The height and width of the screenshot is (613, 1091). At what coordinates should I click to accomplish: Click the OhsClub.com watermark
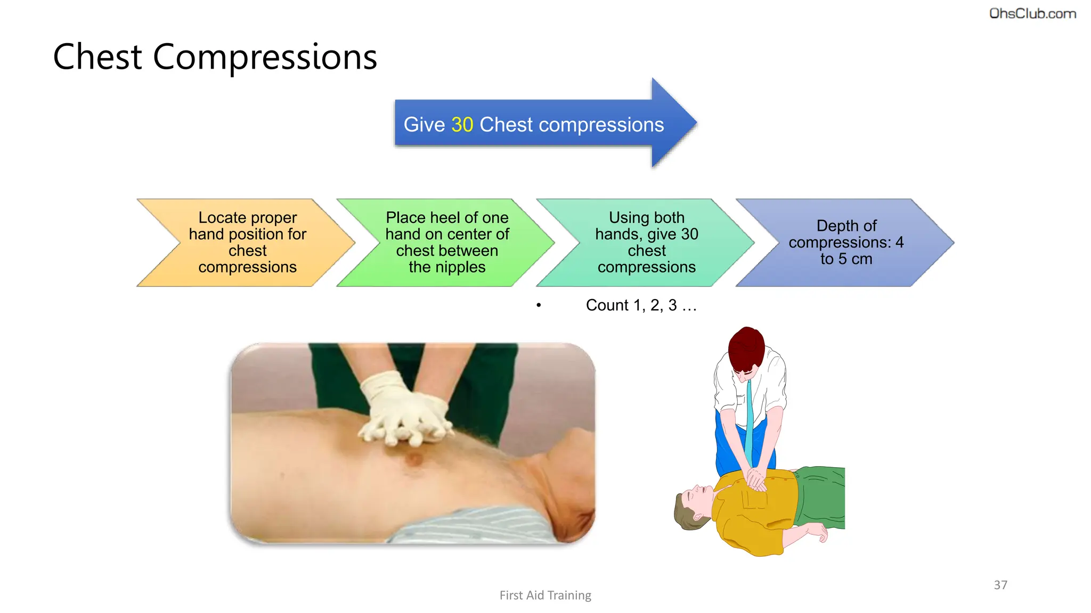click(x=1032, y=14)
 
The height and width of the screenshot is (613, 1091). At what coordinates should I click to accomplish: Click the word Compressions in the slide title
click(x=265, y=57)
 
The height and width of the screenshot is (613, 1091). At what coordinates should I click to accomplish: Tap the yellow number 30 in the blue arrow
click(x=462, y=125)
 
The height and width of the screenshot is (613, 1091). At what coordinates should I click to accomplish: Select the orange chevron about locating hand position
click(x=247, y=243)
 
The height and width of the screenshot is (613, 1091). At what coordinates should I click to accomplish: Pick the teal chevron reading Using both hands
click(x=646, y=243)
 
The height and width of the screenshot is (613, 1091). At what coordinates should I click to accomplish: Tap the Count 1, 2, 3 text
click(x=641, y=305)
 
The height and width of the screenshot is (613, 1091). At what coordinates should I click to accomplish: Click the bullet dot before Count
click(x=539, y=305)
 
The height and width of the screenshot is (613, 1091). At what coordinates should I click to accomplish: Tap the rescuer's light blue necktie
click(x=749, y=420)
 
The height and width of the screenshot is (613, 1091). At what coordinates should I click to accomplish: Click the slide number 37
click(x=1000, y=585)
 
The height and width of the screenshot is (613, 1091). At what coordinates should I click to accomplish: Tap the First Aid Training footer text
click(x=545, y=595)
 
